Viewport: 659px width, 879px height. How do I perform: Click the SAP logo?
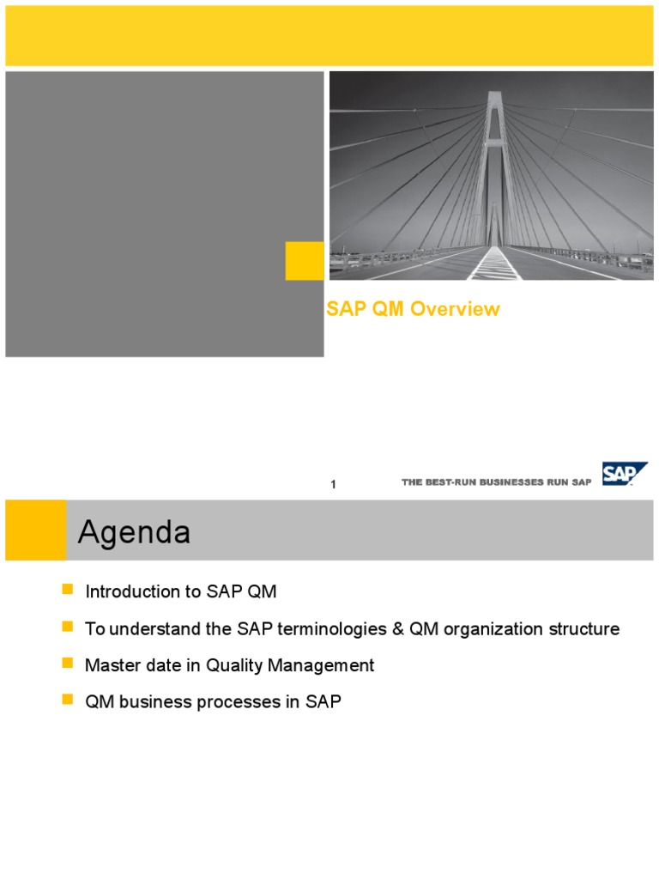624,474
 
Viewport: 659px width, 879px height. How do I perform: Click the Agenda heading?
134,534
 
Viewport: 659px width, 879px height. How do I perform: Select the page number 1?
333,485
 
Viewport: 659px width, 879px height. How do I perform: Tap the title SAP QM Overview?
413,310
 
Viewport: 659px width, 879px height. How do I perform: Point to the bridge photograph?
491,175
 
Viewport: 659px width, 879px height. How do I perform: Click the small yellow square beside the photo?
305,260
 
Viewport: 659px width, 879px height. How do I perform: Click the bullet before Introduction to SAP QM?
68,591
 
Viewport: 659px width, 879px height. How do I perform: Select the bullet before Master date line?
68,664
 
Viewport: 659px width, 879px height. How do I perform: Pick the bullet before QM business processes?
68,701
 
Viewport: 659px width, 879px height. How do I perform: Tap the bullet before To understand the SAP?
68,627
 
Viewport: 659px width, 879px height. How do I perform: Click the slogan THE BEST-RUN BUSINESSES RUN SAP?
496,483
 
